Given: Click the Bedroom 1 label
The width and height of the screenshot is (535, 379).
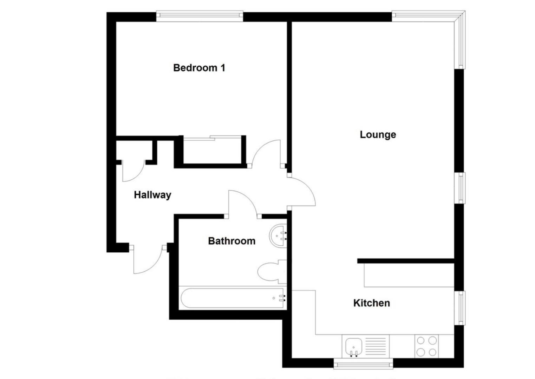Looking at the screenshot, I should [199, 68].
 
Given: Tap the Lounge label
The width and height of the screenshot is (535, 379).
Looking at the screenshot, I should [378, 134].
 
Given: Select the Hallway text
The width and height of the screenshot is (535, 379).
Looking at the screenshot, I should [152, 195].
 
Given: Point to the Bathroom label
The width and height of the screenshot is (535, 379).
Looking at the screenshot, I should [231, 241].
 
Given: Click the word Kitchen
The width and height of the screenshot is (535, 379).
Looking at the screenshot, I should [371, 303].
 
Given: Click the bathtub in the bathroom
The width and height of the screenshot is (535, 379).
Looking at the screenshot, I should [233, 298].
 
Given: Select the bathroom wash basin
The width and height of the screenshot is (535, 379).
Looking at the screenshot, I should [279, 235].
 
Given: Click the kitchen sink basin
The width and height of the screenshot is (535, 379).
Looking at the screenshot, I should [353, 346].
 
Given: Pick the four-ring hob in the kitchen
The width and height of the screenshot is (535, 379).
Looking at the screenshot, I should [426, 346].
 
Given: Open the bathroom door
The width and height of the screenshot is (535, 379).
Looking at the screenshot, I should [242, 204].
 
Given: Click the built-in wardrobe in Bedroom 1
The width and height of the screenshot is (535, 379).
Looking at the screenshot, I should [212, 151].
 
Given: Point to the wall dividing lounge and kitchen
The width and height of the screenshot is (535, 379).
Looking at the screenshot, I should [406, 261].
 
